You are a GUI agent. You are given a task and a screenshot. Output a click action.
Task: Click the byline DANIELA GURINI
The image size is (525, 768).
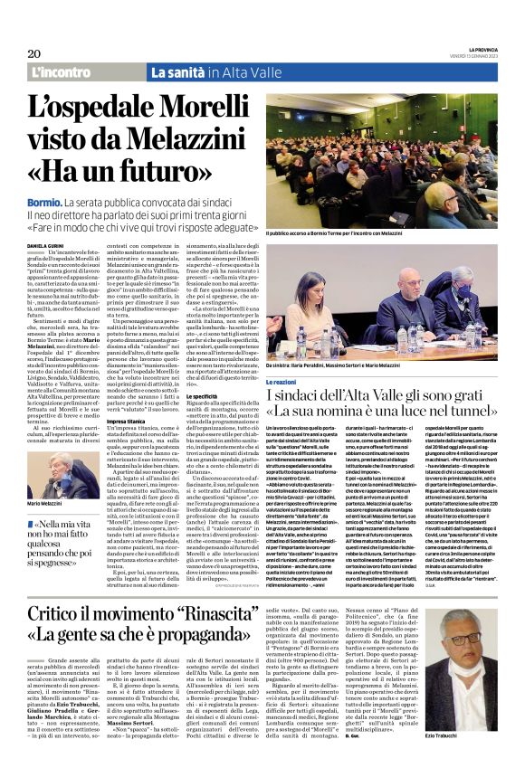point(47,245)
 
